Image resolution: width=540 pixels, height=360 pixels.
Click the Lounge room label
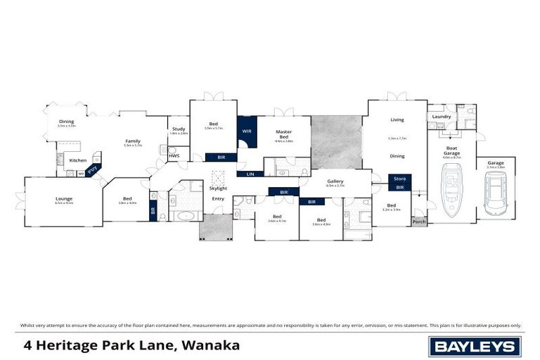[64, 198]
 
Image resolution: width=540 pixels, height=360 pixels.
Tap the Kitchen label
[77, 160]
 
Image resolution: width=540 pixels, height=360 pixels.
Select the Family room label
[133, 141]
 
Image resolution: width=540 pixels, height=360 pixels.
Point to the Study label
[179, 129]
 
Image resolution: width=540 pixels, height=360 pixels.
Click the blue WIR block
[247, 131]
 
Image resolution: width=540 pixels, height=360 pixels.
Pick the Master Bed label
[283, 134]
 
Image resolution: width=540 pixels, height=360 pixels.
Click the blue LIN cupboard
[250, 174]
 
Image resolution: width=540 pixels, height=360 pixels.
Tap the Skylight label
[218, 188]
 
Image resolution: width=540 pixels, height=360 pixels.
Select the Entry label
[218, 199]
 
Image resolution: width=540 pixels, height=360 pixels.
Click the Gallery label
[335, 181]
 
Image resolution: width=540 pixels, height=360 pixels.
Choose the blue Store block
[399, 179]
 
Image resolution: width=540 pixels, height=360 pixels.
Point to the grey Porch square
[419, 221]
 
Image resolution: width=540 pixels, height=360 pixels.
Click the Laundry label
[442, 117]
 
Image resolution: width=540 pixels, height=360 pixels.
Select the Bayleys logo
[474, 346]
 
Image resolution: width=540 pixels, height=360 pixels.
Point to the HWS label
[174, 155]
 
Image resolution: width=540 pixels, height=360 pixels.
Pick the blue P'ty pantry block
[91, 169]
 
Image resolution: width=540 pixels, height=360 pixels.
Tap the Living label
[397, 120]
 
